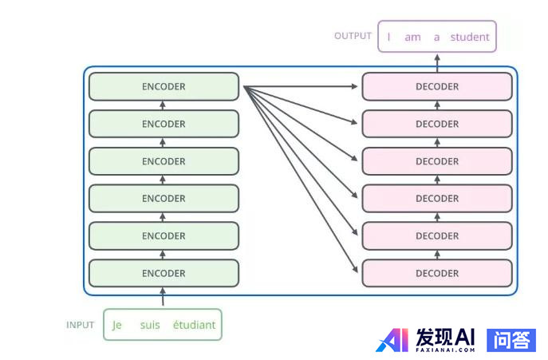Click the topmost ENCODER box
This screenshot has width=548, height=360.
pyautogui.click(x=164, y=86)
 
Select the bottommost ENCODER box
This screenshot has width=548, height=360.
pyautogui.click(x=164, y=273)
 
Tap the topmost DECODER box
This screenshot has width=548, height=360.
pyautogui.click(x=436, y=86)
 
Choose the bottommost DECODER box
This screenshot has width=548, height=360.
pyautogui.click(x=436, y=273)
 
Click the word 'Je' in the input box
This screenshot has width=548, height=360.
pyautogui.click(x=117, y=325)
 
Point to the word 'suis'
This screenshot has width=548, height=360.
pyautogui.click(x=150, y=325)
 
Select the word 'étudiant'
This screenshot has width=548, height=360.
pyautogui.click(x=194, y=325)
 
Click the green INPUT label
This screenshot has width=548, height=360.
pyautogui.click(x=80, y=325)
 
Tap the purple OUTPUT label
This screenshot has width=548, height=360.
pyautogui.click(x=353, y=36)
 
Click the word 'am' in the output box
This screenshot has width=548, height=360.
pyautogui.click(x=412, y=37)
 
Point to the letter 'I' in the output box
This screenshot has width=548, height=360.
pyautogui.click(x=389, y=37)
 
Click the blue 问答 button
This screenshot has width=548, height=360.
pyautogui.click(x=511, y=340)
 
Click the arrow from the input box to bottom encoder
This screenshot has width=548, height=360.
pyautogui.click(x=164, y=298)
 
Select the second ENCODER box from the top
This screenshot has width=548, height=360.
pyautogui.click(x=164, y=124)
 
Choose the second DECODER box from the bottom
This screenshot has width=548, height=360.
pyautogui.click(x=436, y=235)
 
